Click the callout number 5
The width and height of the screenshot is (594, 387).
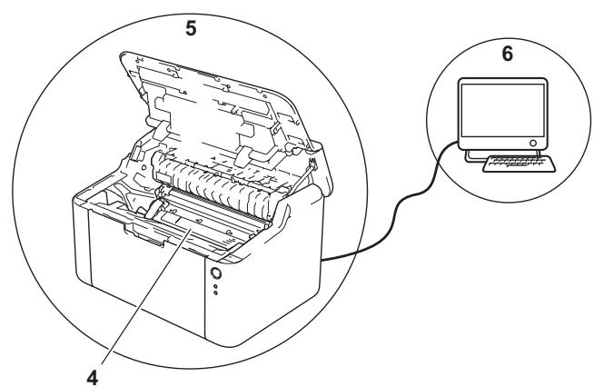coord(191,28)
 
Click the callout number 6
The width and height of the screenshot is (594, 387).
coord(508,54)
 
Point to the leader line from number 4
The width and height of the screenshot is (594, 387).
coord(144,293)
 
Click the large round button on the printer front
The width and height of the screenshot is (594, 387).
coord(215,273)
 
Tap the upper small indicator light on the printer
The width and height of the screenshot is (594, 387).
coord(215,286)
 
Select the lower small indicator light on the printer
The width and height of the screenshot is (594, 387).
coord(215,293)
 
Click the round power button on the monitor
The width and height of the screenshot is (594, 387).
coord(533,143)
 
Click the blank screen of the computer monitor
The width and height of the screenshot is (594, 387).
coord(502,110)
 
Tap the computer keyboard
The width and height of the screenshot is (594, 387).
coord(519,164)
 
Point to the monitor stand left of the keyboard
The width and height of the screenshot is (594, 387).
coord(474,156)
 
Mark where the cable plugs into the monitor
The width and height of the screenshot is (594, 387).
coord(458,142)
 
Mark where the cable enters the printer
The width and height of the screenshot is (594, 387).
coord(322,260)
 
